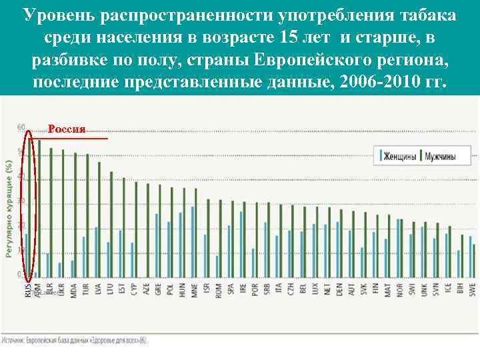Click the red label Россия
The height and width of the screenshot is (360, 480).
point(67,129)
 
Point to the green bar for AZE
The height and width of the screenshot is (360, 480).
point(147,229)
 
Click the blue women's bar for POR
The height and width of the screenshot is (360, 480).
point(253,262)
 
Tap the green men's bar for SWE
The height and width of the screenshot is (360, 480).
point(474,260)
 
